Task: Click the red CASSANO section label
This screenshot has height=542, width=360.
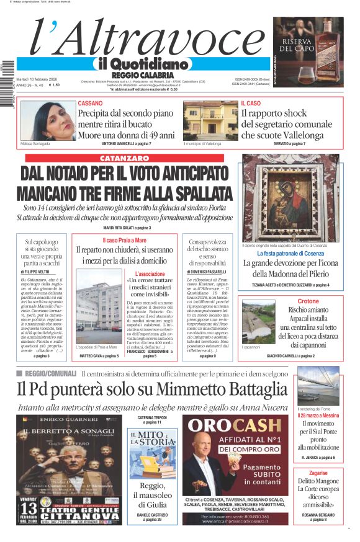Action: tap(90, 103)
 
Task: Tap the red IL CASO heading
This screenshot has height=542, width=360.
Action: tap(251, 103)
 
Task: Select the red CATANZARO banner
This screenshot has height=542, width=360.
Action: tap(128, 159)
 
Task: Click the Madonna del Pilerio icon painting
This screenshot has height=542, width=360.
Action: tap(289, 198)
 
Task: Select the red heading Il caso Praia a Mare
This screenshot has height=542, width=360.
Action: tap(124, 239)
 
